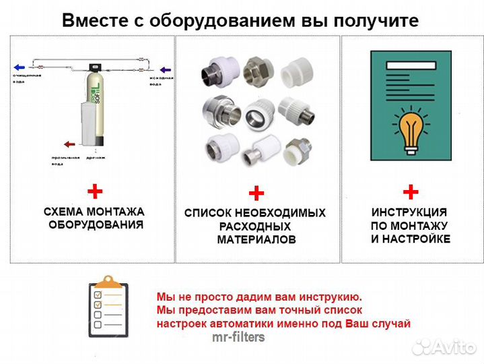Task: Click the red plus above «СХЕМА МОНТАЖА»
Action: (x=94, y=191)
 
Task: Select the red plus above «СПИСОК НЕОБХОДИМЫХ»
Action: (x=256, y=194)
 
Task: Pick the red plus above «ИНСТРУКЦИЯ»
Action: (x=411, y=191)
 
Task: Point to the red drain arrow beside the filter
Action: (x=69, y=144)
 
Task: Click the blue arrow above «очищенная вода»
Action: (x=19, y=67)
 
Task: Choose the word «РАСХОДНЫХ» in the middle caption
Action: (x=255, y=226)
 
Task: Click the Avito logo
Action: (x=444, y=346)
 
